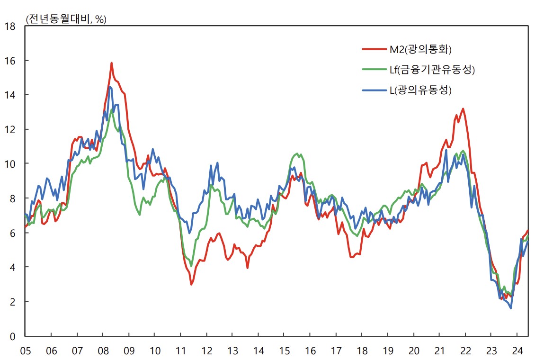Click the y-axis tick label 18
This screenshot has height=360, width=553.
click(x=10, y=27)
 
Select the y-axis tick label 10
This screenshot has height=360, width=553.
click(x=10, y=164)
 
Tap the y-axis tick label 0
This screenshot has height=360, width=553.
click(x=13, y=336)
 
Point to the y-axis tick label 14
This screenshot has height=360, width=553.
click(x=10, y=95)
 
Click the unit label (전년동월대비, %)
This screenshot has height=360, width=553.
click(x=66, y=19)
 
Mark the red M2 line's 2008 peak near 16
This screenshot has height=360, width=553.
click(x=111, y=63)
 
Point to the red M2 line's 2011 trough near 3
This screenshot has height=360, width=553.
click(x=191, y=284)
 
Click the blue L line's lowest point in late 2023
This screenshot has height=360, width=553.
click(x=511, y=308)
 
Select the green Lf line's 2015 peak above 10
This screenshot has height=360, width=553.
click(x=297, y=153)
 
